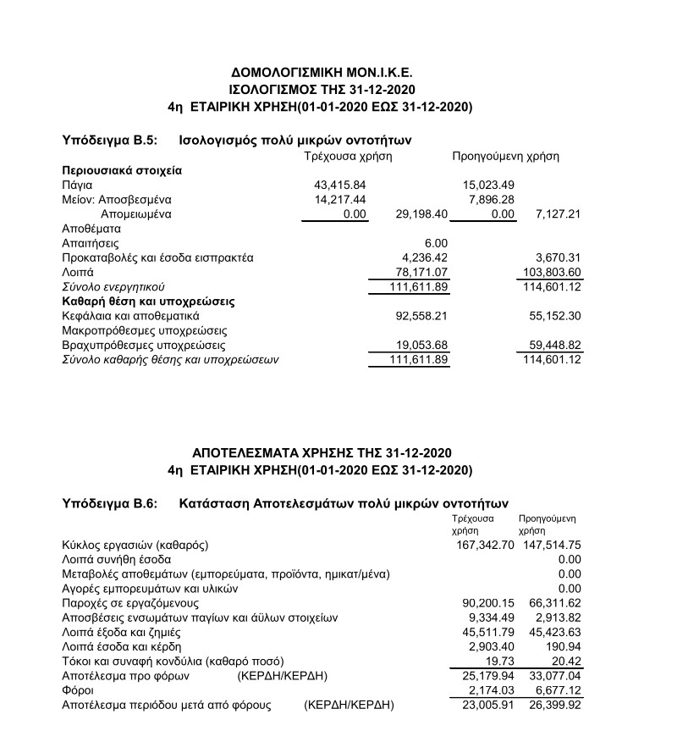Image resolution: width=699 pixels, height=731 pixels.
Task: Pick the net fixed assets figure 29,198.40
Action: (x=421, y=213)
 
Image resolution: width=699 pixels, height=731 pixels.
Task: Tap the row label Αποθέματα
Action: (x=91, y=228)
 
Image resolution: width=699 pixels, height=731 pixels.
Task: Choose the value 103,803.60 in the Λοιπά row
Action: (x=549, y=272)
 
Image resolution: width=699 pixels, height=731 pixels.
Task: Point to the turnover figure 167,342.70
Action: (x=485, y=545)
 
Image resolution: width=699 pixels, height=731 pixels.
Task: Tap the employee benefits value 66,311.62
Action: (x=553, y=603)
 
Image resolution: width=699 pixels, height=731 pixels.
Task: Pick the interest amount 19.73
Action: (x=500, y=661)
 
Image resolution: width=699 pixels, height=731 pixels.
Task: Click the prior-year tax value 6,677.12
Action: (x=556, y=690)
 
